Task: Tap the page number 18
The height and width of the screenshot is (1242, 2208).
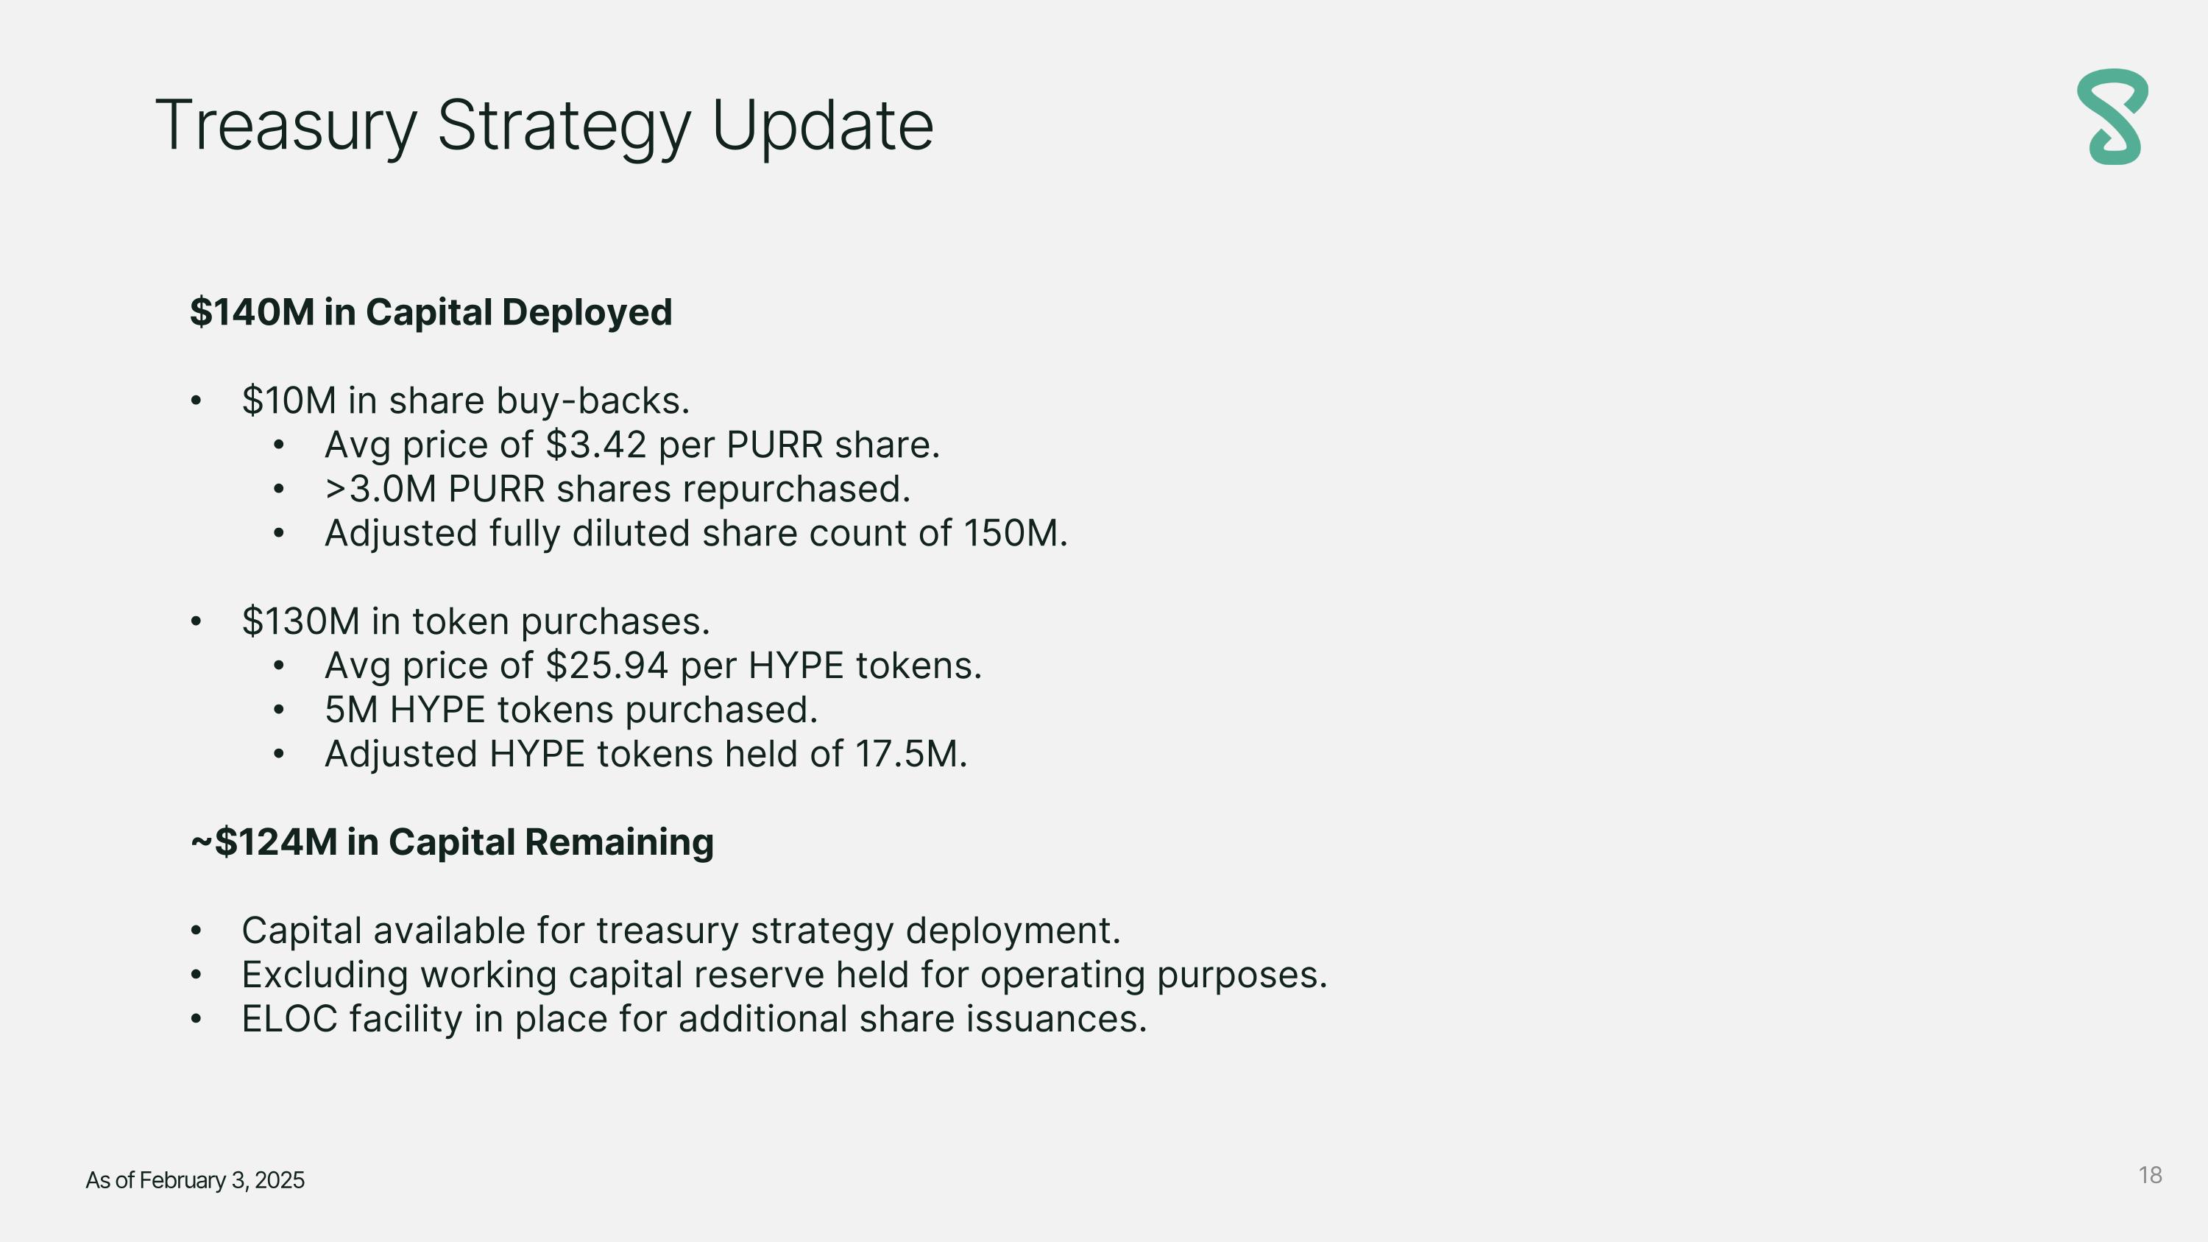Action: [x=2150, y=1175]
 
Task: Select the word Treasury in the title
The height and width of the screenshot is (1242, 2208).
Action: [x=286, y=127]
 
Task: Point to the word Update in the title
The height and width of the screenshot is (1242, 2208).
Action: [x=822, y=127]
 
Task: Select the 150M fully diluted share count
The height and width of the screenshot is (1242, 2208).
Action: [x=1016, y=533]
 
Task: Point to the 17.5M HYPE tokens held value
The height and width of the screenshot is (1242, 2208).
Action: [x=911, y=755]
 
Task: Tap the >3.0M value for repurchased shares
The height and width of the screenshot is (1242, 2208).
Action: [x=381, y=490]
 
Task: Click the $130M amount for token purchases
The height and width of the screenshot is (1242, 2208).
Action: [x=301, y=621]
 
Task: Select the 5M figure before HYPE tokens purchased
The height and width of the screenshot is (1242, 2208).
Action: [x=351, y=710]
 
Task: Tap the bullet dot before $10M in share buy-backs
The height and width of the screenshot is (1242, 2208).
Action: [x=197, y=401]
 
